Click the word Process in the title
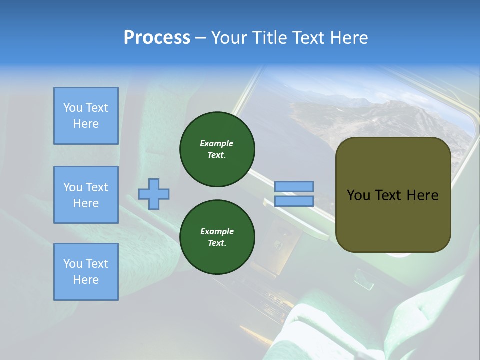157,38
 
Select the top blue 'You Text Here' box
86,116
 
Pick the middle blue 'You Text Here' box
86,195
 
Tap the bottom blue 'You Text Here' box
86,272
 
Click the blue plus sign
154,194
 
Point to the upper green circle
217,149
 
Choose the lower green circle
217,237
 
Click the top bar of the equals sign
294,186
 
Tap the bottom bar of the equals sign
294,201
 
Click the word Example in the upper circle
217,143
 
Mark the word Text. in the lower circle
217,243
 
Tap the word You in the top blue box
72,108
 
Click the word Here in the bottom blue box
86,280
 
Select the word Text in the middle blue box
96,187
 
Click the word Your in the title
230,38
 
